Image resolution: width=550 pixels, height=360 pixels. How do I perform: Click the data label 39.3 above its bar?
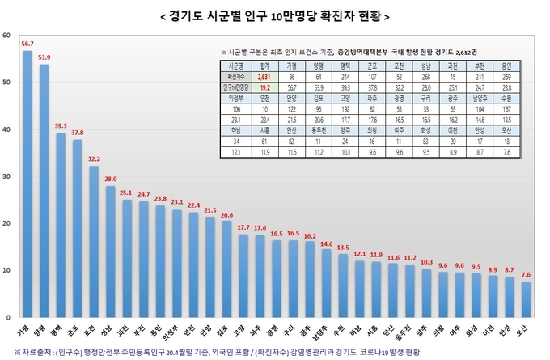click(61, 126)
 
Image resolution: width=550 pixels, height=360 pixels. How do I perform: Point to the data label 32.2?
click(94, 159)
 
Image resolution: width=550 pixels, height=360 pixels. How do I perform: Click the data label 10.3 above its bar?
click(426, 263)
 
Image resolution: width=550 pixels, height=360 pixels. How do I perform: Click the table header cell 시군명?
click(236, 66)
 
